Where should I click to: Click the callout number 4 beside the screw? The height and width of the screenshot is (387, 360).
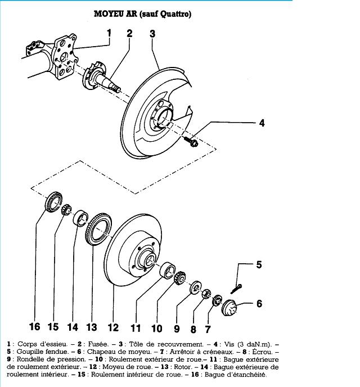click(x=262, y=123)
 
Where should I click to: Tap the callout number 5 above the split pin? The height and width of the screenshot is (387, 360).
click(x=259, y=264)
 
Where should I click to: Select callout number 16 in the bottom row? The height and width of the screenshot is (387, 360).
click(x=34, y=326)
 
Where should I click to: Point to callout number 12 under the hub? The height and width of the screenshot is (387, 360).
click(x=113, y=327)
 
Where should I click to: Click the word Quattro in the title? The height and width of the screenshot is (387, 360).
click(x=175, y=14)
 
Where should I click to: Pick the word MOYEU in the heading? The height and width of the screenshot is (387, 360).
click(x=109, y=13)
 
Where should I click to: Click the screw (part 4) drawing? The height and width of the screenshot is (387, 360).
click(x=191, y=141)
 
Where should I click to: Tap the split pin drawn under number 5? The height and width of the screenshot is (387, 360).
click(x=236, y=289)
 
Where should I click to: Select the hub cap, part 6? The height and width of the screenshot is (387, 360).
click(x=229, y=308)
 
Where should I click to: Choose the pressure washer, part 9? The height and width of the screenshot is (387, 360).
click(x=196, y=287)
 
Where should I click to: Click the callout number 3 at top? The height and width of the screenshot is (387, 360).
click(x=152, y=34)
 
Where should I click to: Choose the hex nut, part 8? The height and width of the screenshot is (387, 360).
click(x=206, y=293)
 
